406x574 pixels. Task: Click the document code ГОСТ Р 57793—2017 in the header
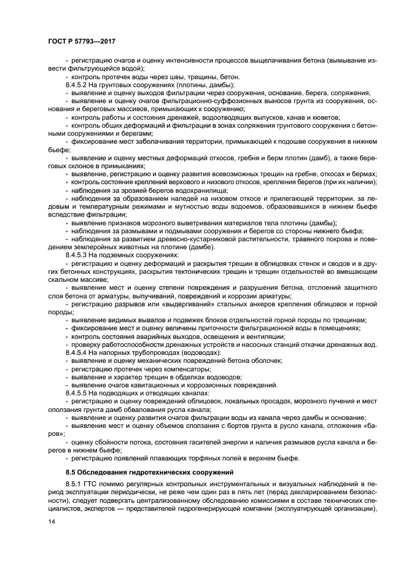[x=82, y=41]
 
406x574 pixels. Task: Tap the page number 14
[x=51, y=521]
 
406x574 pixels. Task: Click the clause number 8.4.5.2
[x=79, y=85]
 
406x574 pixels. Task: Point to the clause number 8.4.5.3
[x=79, y=255]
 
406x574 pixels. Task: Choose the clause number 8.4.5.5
[x=79, y=392]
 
